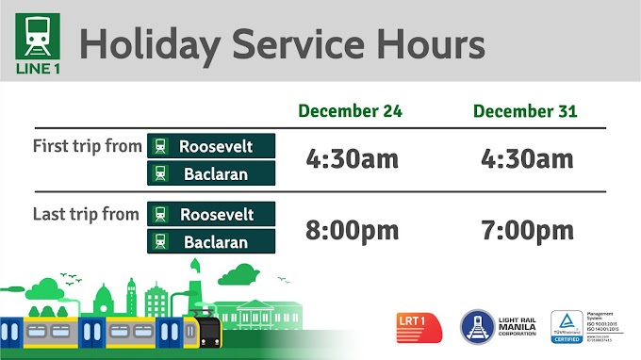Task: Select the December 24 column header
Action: (350, 111)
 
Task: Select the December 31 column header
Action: (525, 111)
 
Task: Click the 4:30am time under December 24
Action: (353, 158)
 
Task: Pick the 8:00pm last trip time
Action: (353, 229)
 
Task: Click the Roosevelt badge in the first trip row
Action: (211, 146)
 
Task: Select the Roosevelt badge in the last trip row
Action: (211, 214)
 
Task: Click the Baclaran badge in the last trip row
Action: (211, 241)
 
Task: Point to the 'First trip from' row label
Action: (87, 147)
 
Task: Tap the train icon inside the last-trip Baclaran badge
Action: (161, 241)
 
